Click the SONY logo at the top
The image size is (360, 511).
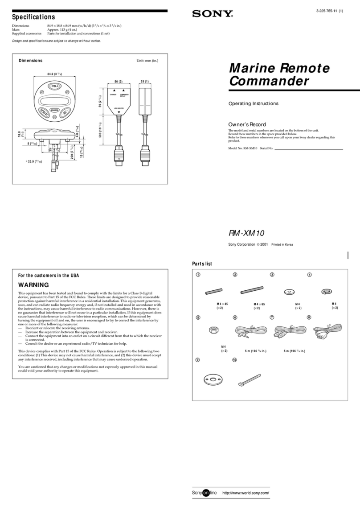213,14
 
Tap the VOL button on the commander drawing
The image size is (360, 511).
55,86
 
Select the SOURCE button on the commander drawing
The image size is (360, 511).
55,110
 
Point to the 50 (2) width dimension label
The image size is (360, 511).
118,82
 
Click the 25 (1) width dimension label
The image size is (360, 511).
145,82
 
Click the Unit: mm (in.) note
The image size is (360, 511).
147,61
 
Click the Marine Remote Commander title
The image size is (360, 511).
279,74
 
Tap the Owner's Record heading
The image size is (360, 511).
247,124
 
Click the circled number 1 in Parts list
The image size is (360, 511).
198,274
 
